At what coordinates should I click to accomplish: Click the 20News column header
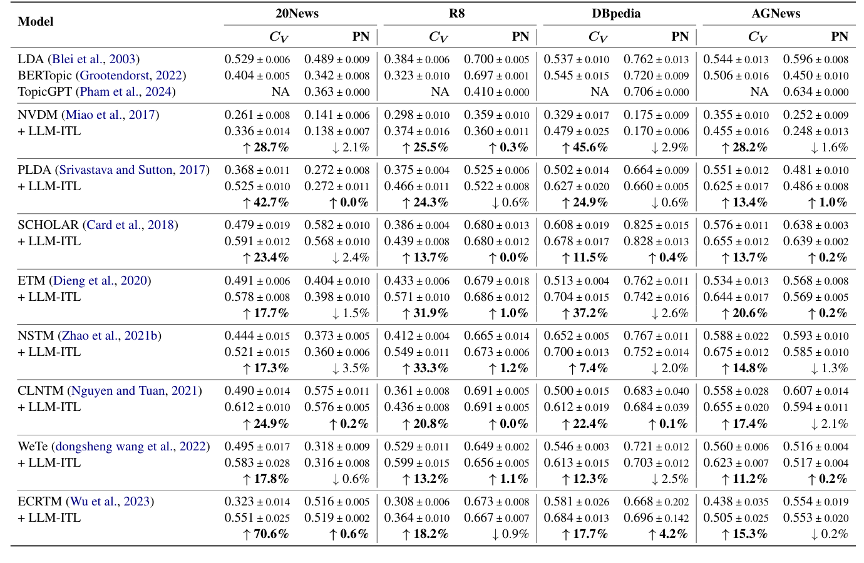point(297,13)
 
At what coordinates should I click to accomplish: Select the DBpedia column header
point(616,13)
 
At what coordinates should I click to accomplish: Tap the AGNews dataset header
point(776,13)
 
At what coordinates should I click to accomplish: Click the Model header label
point(36,22)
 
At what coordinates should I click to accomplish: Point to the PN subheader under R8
point(520,36)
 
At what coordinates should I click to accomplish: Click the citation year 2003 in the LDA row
point(122,59)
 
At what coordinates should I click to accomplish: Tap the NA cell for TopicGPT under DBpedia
point(599,92)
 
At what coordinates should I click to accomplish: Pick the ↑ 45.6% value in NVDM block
point(585,148)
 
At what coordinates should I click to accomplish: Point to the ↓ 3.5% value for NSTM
point(351,368)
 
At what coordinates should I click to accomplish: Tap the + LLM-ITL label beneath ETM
point(49,297)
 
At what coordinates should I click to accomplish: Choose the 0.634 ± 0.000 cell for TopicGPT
point(815,92)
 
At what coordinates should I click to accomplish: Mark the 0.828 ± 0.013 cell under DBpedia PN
point(656,241)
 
